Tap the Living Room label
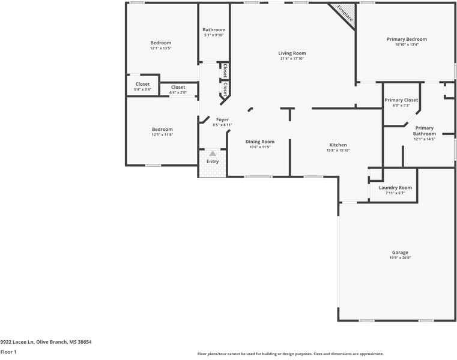coord(292,53)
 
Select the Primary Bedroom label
coord(407,39)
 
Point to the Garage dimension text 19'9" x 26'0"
coord(400,257)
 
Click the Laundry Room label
coord(395,188)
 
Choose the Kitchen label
coord(338,145)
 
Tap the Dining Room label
coord(260,142)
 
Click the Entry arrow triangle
coord(213,154)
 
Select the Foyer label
coord(222,119)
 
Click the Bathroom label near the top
coord(214,30)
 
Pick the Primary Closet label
coord(401,100)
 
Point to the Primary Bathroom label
coord(424,131)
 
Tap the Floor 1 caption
coord(8,352)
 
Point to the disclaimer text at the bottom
coord(291,354)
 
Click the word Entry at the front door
coord(213,161)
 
